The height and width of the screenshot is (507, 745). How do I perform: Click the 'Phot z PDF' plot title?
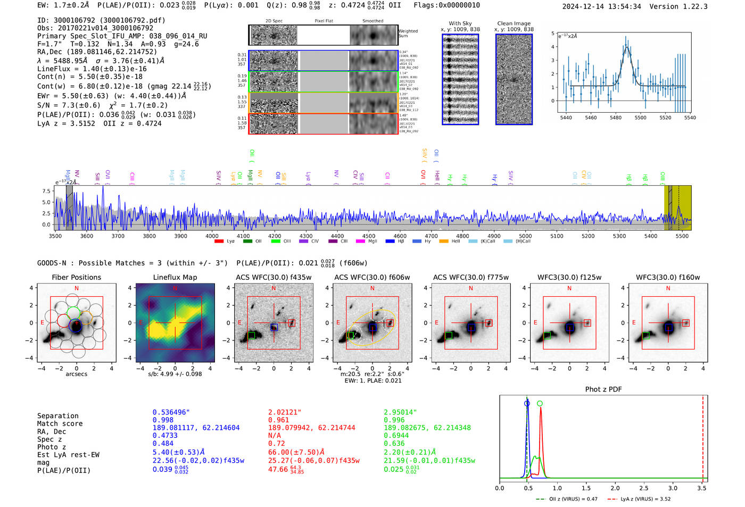pyautogui.click(x=603, y=389)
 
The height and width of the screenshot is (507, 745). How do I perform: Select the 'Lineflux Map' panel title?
pyautogui.click(x=175, y=277)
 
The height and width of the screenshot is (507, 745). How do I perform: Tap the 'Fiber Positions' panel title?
pyautogui.click(x=76, y=277)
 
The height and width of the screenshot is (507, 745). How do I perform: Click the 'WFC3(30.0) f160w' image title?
pyautogui.click(x=668, y=277)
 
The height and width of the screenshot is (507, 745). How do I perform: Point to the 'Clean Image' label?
pyautogui.click(x=514, y=23)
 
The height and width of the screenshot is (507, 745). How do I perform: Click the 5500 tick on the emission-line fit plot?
pyautogui.click(x=640, y=118)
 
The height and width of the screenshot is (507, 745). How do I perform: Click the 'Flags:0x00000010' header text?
pyautogui.click(x=446, y=5)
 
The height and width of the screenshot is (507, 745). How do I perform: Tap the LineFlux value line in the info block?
pyautogui.click(x=92, y=69)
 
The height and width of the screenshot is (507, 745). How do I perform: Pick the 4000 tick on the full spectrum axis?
pyautogui.click(x=212, y=236)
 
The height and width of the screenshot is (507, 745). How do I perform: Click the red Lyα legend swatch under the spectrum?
pyautogui.click(x=219, y=242)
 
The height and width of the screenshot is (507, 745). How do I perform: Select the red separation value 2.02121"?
pyautogui.click(x=285, y=412)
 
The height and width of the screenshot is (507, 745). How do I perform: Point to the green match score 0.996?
pyautogui.click(x=394, y=420)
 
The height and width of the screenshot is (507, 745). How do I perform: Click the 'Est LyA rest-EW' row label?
pyautogui.click(x=68, y=455)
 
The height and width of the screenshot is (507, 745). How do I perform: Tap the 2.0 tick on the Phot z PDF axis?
pyautogui.click(x=615, y=488)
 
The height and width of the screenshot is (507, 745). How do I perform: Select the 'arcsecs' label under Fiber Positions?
pyautogui.click(x=76, y=374)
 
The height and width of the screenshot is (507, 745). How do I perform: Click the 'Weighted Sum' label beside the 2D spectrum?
pyautogui.click(x=408, y=34)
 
